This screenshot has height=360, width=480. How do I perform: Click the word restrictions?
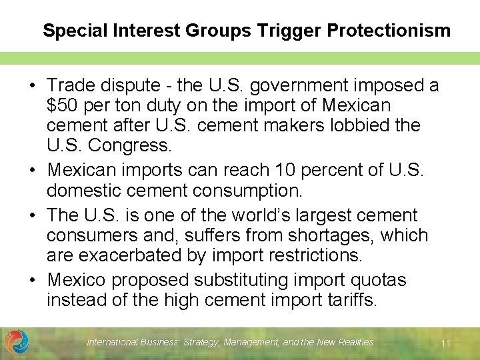[316, 255]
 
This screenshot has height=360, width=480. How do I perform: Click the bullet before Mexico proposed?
[31, 280]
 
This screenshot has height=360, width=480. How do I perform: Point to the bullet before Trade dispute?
[31, 85]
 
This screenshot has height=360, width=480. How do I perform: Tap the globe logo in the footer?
[17, 342]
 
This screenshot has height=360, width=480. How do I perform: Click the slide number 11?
[446, 343]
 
